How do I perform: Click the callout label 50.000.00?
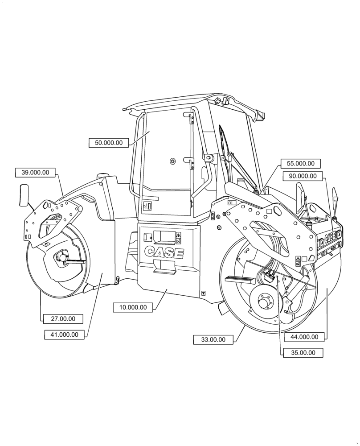(109, 143)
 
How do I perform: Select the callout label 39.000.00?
(35, 172)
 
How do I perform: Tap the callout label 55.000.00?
(300, 164)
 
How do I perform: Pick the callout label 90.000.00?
(303, 176)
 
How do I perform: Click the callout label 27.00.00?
(63, 318)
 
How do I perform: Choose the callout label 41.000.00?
(64, 334)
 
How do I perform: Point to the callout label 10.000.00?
(133, 307)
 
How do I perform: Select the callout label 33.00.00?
(213, 339)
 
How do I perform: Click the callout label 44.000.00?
(304, 337)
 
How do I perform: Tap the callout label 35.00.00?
(303, 352)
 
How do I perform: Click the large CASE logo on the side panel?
(164, 252)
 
